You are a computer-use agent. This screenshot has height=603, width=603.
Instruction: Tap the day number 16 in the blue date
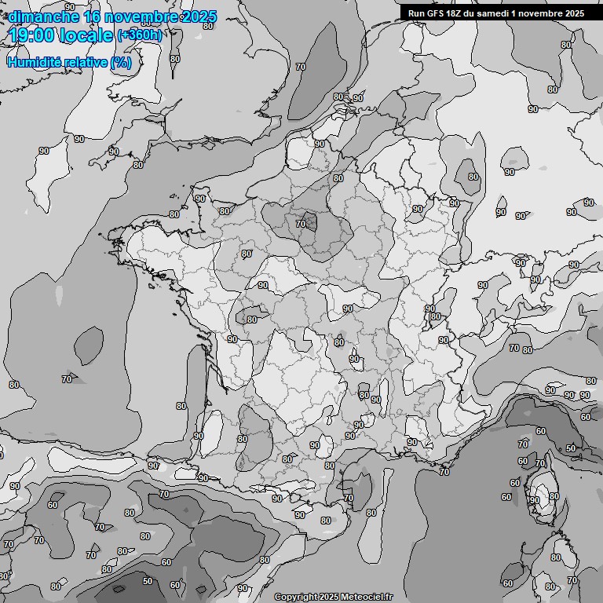coord(93,16)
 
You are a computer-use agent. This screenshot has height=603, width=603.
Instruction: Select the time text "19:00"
coord(35,35)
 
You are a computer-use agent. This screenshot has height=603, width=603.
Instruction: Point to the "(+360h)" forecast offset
coord(140,35)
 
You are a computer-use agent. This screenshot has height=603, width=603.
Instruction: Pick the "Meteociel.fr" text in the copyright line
coord(366,598)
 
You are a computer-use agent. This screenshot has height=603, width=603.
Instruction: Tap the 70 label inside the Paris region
coord(300,224)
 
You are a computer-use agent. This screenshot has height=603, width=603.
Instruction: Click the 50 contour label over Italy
coord(570,448)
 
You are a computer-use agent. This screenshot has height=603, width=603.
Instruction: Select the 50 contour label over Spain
coord(148,581)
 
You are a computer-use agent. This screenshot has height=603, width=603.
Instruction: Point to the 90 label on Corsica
coord(534,500)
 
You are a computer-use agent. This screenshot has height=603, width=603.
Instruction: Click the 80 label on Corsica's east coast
coord(554,496)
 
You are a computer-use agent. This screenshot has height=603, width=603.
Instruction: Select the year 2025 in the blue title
coord(199,16)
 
